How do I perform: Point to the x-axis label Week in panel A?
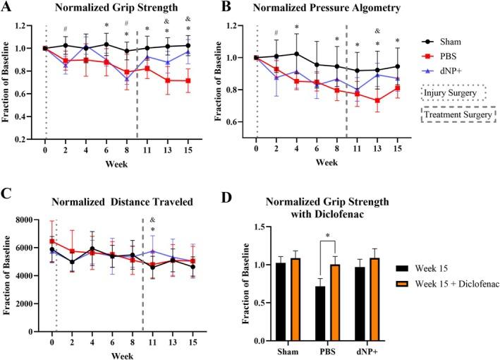pos(116,160)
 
